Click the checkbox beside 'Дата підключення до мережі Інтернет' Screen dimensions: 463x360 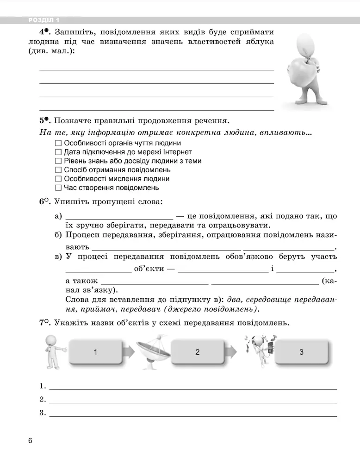(x=58, y=152)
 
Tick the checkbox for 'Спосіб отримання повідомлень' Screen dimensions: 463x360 (x=58, y=170)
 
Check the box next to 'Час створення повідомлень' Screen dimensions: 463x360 (x=58, y=188)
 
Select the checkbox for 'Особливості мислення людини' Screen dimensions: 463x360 (x=58, y=179)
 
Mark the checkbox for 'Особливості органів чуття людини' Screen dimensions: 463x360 (x=58, y=143)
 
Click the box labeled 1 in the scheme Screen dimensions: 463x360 (x=96, y=352)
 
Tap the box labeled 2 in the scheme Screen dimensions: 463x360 (x=198, y=352)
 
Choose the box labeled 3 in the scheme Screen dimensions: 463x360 (x=301, y=352)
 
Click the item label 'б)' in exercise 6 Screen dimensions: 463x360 (x=58, y=236)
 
